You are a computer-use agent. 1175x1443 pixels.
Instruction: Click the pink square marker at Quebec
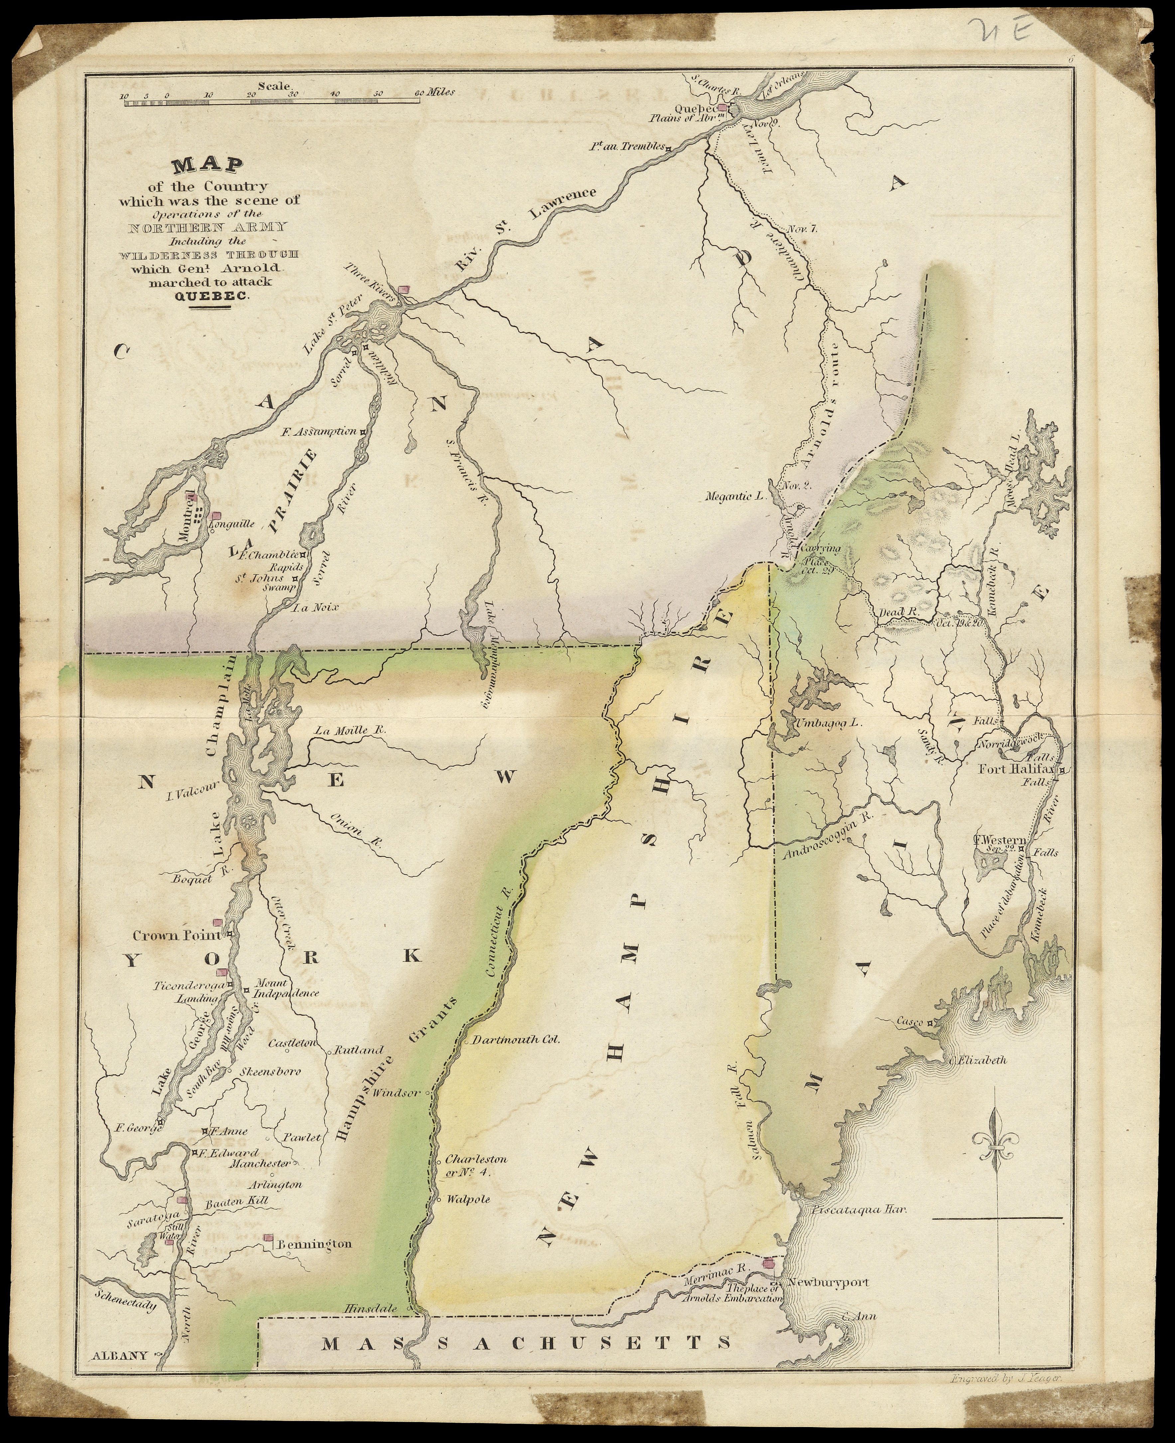pyautogui.click(x=723, y=107)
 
